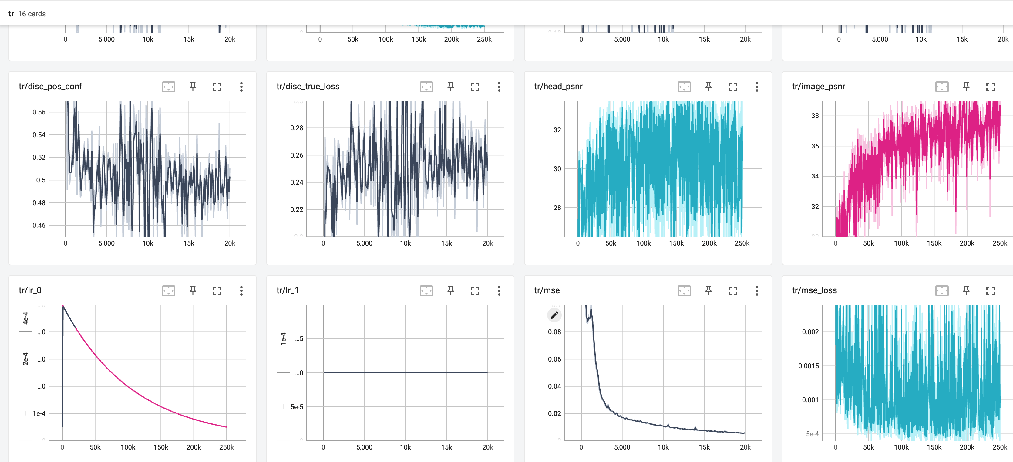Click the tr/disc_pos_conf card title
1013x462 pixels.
pyautogui.click(x=50, y=87)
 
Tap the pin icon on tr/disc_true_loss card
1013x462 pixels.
pyautogui.click(x=450, y=87)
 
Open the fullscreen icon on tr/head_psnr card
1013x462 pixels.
pyautogui.click(x=732, y=87)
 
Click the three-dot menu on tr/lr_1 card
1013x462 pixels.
pyautogui.click(x=499, y=291)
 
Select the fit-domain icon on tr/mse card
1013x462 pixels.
pyautogui.click(x=684, y=291)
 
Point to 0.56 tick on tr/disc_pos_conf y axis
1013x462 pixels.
pyautogui.click(x=39, y=112)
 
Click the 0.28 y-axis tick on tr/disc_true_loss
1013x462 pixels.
pyautogui.click(x=297, y=128)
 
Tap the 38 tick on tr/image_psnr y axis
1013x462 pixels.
pyautogui.click(x=815, y=116)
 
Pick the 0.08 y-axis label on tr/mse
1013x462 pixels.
pyautogui.click(x=554, y=332)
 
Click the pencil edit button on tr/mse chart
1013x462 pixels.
pyautogui.click(x=554, y=315)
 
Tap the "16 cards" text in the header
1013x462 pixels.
pyautogui.click(x=32, y=14)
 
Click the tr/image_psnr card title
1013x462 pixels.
pyautogui.click(x=818, y=87)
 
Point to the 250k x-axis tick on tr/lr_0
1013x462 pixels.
pyautogui.click(x=226, y=447)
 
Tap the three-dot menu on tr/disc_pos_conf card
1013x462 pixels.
pyautogui.click(x=241, y=87)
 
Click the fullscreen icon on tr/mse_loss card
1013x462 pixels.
pyautogui.click(x=990, y=291)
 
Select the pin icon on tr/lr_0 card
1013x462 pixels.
pyautogui.click(x=193, y=291)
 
